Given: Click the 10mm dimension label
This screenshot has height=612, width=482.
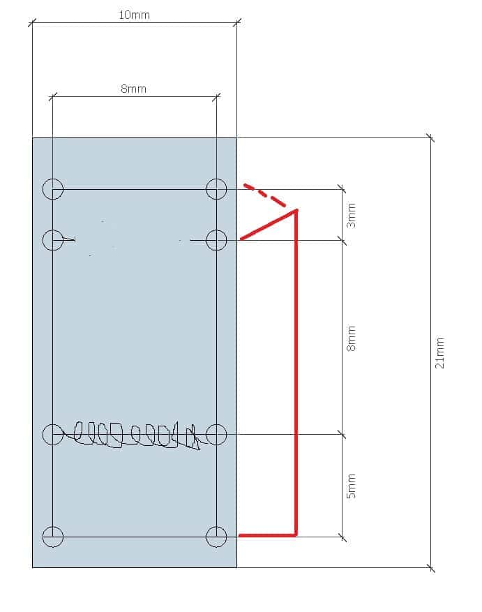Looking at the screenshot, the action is [134, 15].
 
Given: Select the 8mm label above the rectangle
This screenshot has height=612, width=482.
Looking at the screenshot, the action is [133, 89].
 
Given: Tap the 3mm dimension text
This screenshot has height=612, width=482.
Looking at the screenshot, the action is [352, 216].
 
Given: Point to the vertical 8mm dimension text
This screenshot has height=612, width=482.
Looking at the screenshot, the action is [352, 338].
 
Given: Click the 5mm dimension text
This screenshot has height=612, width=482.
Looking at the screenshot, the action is [352, 486].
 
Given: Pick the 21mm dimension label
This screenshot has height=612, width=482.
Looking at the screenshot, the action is [439, 353].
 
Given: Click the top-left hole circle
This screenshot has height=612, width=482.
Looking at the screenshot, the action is [53, 189].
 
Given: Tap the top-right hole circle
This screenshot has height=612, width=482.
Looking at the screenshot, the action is [216, 189].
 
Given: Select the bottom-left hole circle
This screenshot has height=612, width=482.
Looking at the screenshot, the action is [53, 537].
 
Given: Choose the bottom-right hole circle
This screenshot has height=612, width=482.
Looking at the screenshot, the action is [216, 537].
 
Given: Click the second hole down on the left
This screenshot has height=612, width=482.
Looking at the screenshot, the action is [53, 240].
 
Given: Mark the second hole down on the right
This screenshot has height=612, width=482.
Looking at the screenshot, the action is [216, 240].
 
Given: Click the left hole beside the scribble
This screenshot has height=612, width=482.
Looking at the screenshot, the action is [53, 435].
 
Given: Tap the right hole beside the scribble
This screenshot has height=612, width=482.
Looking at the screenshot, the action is [216, 435].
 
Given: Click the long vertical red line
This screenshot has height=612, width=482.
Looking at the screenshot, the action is [296, 373].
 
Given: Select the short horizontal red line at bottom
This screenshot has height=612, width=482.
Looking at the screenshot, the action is [268, 535].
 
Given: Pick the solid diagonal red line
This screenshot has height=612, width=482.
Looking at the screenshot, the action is [269, 225].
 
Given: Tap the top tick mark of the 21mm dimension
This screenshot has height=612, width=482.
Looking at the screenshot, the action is [430, 137].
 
